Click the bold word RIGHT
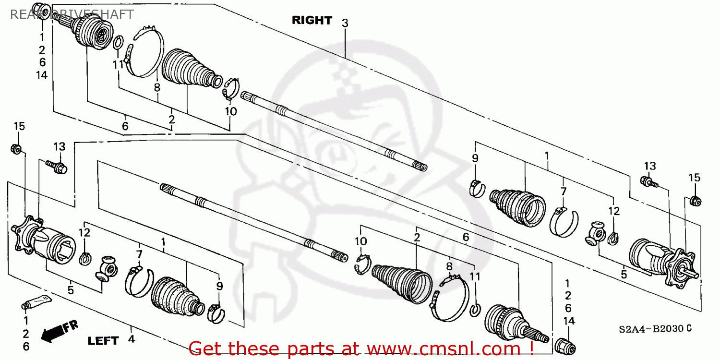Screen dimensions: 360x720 (x=312, y=20)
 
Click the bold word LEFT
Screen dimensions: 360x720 (x=103, y=341)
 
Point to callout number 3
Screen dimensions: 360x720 (x=345, y=23)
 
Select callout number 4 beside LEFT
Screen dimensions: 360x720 (x=131, y=340)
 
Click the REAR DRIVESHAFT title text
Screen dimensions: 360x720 (x=72, y=14)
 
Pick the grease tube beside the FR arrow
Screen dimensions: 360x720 (x=38, y=302)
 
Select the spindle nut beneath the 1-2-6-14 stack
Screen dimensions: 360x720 (x=564, y=345)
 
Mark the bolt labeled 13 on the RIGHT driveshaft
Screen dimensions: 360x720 (x=648, y=181)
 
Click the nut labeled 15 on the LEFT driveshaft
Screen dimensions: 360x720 (x=15, y=149)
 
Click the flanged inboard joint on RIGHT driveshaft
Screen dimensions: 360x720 (x=662, y=262)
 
